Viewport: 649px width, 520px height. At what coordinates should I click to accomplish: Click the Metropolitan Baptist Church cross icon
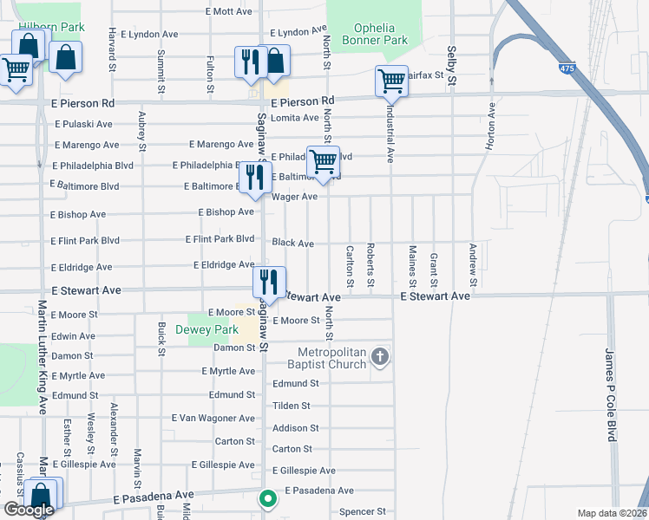tap(379, 357)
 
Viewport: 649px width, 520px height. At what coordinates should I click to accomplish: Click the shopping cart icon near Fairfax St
tap(391, 81)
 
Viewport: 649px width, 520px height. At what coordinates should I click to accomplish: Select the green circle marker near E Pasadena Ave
tap(268, 498)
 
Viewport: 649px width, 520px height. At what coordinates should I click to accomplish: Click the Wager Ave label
tap(294, 197)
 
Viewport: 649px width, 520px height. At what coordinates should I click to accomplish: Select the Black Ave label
tap(293, 244)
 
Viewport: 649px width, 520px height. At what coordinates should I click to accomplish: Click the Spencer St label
tap(361, 511)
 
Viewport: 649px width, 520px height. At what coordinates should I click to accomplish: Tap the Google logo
tap(29, 510)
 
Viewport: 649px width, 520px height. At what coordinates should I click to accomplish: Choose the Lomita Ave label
tap(295, 118)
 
